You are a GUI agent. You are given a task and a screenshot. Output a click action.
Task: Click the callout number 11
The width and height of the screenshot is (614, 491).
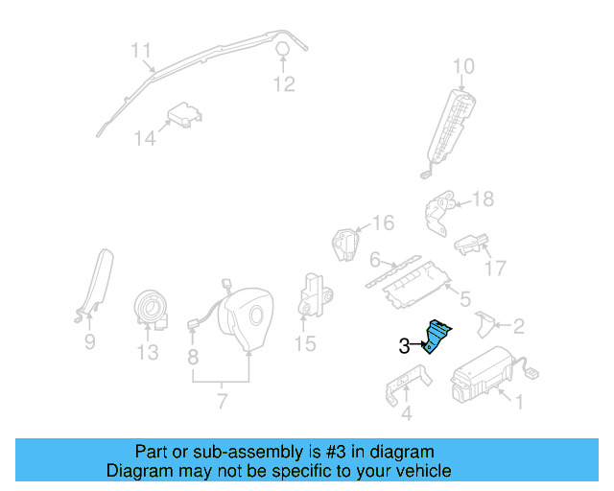(141, 50)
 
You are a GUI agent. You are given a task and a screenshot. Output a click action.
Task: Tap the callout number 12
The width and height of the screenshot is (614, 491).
(283, 84)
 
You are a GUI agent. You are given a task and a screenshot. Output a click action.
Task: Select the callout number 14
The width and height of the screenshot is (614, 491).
(144, 139)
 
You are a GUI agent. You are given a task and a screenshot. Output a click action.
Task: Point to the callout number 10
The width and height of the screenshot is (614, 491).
(463, 66)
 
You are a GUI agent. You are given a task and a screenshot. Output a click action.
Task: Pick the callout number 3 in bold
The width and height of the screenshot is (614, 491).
(404, 346)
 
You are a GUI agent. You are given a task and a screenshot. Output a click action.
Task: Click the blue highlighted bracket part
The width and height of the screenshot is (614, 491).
(439, 336)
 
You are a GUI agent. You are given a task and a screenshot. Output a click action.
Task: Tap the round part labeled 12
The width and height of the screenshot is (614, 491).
(285, 51)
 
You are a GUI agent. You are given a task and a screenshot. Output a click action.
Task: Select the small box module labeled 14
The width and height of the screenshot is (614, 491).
(185, 116)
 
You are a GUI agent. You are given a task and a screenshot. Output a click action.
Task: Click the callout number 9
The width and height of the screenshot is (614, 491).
(89, 340)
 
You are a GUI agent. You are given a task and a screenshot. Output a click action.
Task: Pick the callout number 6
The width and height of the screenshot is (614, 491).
(375, 259)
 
